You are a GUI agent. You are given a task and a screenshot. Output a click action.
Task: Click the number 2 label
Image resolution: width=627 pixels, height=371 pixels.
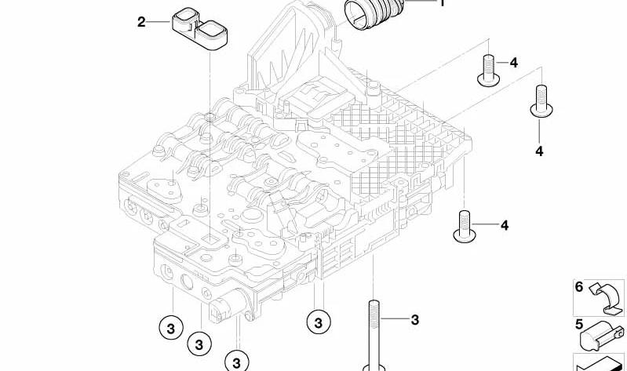pos(141,22)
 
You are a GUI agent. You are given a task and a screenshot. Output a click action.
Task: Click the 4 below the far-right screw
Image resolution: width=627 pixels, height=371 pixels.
pos(540,150)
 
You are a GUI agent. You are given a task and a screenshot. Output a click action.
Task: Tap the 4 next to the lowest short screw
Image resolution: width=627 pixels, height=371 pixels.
pos(504,226)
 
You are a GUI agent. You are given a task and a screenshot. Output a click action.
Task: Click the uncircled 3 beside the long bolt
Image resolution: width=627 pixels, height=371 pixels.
pos(415,319)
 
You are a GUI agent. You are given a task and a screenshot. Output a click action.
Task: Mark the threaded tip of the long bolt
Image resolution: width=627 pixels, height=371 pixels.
pos(373,310)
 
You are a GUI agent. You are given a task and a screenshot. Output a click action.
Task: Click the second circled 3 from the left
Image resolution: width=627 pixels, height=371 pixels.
pos(199,344)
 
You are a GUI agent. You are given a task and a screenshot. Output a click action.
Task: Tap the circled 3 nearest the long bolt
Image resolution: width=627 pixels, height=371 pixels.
pos(318,321)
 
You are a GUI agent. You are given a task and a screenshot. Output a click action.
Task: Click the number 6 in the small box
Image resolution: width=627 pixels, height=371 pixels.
pos(579,287)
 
